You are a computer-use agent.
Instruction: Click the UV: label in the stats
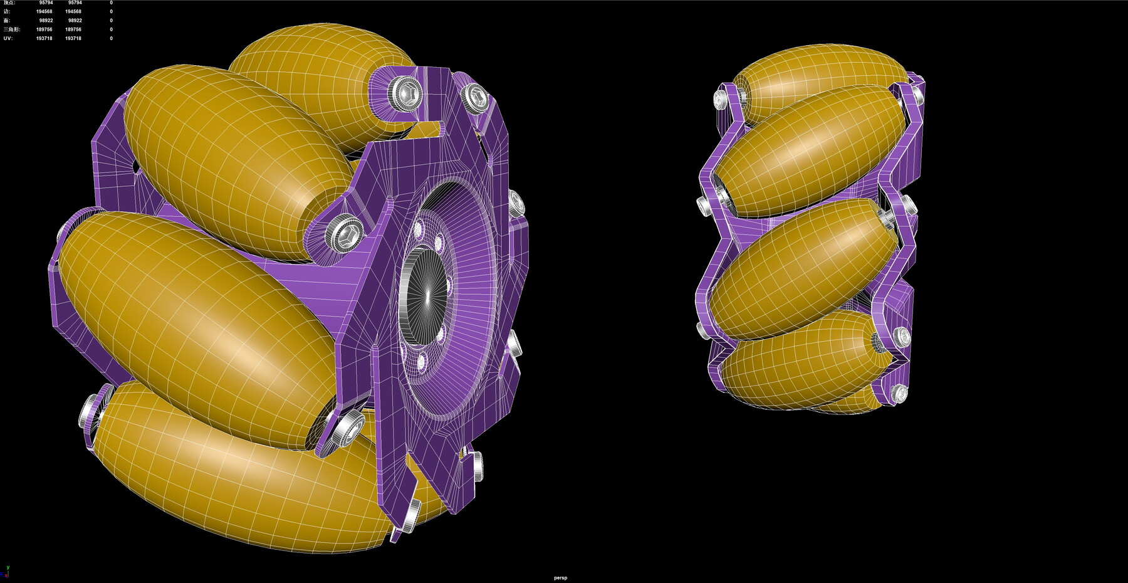click(8, 38)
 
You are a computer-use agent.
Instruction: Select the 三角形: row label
click(11, 29)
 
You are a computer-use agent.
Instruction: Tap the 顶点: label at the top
click(9, 3)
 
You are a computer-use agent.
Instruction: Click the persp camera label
click(560, 578)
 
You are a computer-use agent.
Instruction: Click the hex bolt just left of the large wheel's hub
click(344, 235)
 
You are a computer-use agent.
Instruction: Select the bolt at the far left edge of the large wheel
click(90, 414)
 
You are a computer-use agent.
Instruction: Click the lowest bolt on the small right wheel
click(899, 394)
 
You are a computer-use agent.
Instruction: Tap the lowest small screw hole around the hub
click(420, 362)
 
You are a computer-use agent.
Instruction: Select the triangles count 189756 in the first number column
click(44, 29)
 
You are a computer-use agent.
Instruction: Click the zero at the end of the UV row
click(111, 38)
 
